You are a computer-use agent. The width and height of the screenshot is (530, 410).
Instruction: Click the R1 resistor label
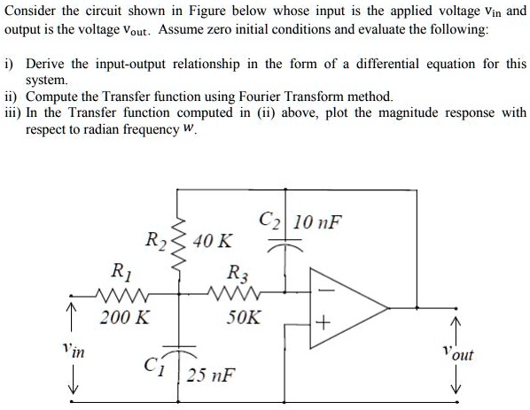click(116, 270)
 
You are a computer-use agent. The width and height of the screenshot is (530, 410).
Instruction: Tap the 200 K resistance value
click(124, 316)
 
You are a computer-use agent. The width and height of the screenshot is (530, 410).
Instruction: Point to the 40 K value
click(214, 240)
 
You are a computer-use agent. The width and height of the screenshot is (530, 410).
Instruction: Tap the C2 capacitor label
click(269, 220)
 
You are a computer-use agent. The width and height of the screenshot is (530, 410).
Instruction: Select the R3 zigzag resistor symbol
click(233, 289)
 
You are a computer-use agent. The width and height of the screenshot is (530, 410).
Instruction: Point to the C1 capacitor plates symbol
click(183, 350)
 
